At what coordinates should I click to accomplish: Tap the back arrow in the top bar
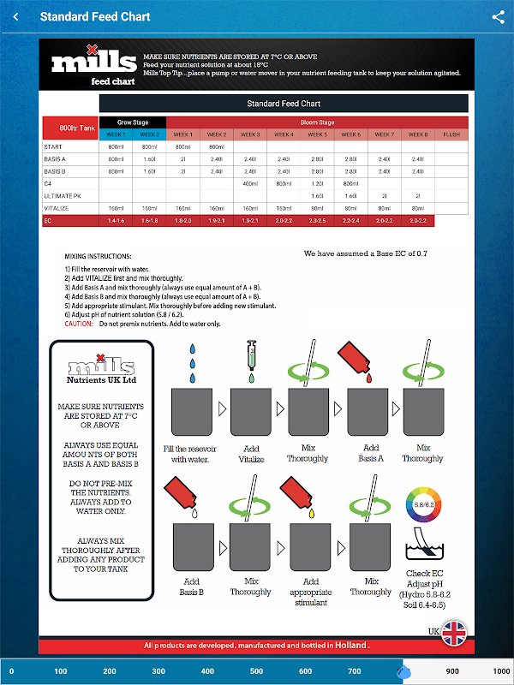pos(15,16)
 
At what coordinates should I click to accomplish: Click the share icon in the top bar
pos(498,16)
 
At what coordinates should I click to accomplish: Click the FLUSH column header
pos(451,134)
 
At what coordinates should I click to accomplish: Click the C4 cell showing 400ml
pos(250,183)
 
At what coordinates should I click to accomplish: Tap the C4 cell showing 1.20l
pos(317,183)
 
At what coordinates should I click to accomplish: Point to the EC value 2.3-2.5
pos(317,221)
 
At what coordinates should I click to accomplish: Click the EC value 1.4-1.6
pos(116,221)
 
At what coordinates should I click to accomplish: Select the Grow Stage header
pos(132,122)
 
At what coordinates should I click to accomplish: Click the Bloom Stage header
pos(317,122)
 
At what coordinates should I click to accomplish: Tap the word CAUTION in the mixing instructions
pos(78,324)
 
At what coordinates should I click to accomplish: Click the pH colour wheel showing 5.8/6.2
pos(422,506)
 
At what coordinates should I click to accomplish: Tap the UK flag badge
pos(453,633)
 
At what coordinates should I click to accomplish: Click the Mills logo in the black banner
pos(93,63)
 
